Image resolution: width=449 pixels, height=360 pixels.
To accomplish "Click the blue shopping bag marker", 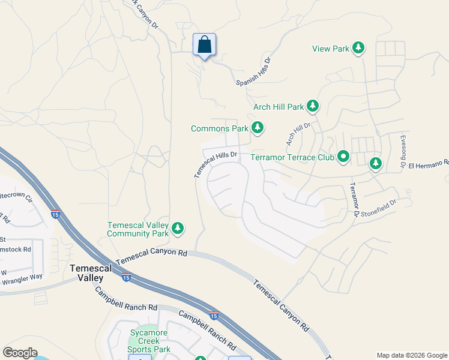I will [x=204, y=45].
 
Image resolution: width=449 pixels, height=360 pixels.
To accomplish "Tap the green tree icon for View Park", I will [x=358, y=48].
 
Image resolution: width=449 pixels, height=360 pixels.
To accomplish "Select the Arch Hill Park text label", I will [x=279, y=107].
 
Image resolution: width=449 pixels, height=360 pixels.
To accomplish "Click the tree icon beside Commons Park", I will [x=258, y=128].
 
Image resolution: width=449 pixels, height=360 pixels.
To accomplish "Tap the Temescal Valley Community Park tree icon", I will [x=178, y=229].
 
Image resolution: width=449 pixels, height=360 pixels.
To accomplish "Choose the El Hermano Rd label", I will [x=429, y=163].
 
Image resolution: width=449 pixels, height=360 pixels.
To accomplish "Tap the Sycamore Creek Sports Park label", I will [x=150, y=341].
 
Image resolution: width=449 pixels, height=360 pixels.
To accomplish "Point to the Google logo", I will [x=20, y=353].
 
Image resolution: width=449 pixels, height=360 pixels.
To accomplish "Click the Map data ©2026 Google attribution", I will [x=412, y=355].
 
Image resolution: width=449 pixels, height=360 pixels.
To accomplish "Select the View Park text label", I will [x=330, y=49].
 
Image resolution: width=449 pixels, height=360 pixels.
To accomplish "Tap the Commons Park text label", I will [x=220, y=128].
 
